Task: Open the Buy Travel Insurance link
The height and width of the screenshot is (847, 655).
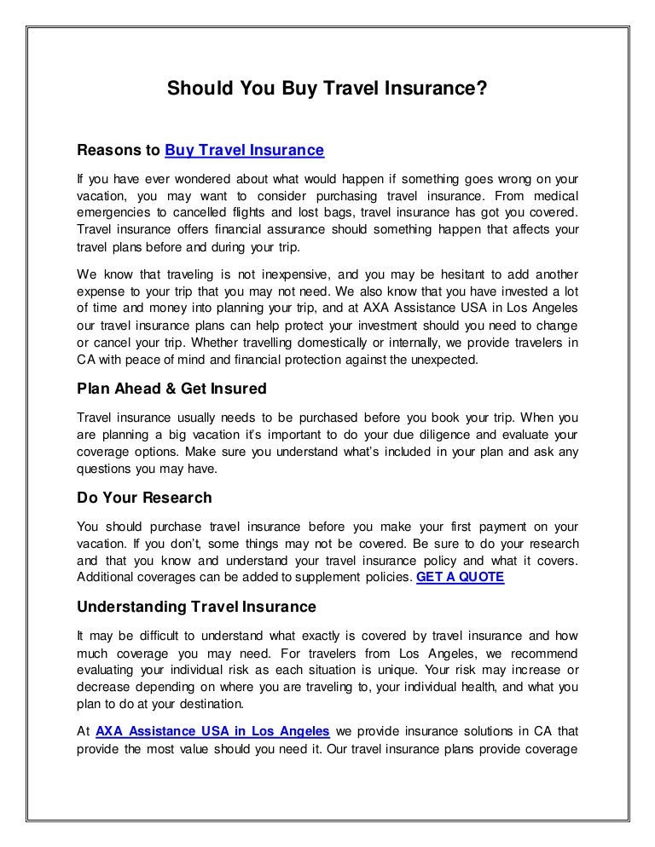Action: coord(244,151)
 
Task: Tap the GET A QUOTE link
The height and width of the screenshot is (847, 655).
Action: coord(460,577)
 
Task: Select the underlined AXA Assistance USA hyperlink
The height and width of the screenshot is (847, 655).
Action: coord(212,730)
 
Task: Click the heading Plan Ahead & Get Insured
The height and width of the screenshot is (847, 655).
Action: coord(171,389)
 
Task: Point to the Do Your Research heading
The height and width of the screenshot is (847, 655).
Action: coord(144,498)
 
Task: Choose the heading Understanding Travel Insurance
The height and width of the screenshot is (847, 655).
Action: coord(196,607)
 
